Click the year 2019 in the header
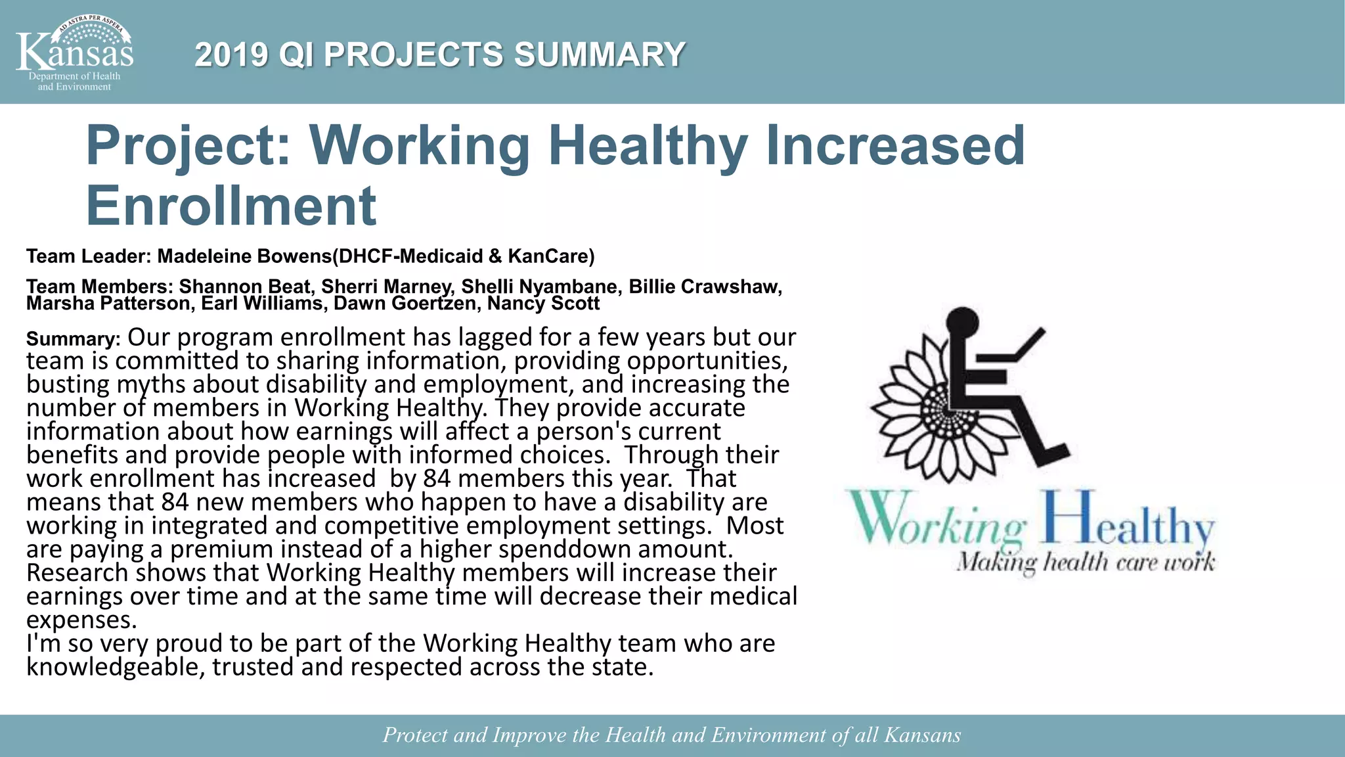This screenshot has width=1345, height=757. pos(231,55)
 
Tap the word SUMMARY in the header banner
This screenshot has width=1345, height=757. pos(599,55)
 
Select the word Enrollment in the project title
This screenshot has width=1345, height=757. pos(231,205)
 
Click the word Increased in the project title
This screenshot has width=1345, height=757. pos(894,145)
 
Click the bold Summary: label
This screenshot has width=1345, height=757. pos(73,339)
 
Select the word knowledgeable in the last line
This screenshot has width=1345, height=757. pos(115,667)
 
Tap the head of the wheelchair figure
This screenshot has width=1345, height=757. pos(961,324)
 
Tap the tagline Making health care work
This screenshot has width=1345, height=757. pos(1086,563)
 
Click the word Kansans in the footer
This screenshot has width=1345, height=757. pos(922,735)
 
